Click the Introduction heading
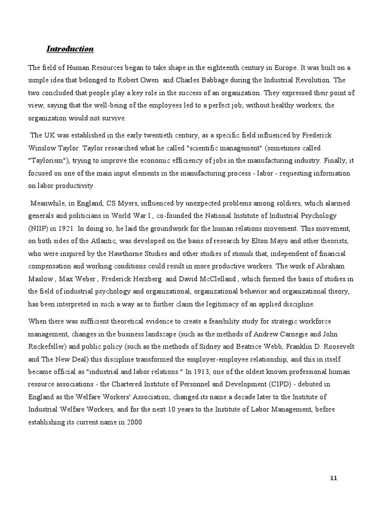pyautogui.click(x=70, y=49)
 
